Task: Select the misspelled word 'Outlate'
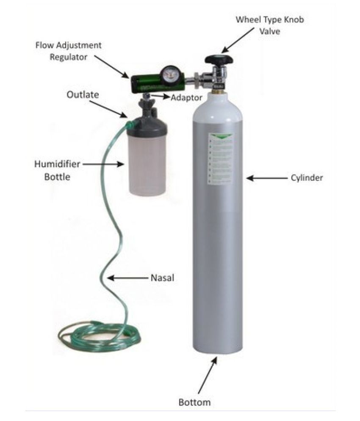(x=83, y=95)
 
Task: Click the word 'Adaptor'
(x=186, y=98)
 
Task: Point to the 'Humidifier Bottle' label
(x=58, y=170)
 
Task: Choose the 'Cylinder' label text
(x=307, y=178)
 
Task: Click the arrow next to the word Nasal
(x=127, y=278)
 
